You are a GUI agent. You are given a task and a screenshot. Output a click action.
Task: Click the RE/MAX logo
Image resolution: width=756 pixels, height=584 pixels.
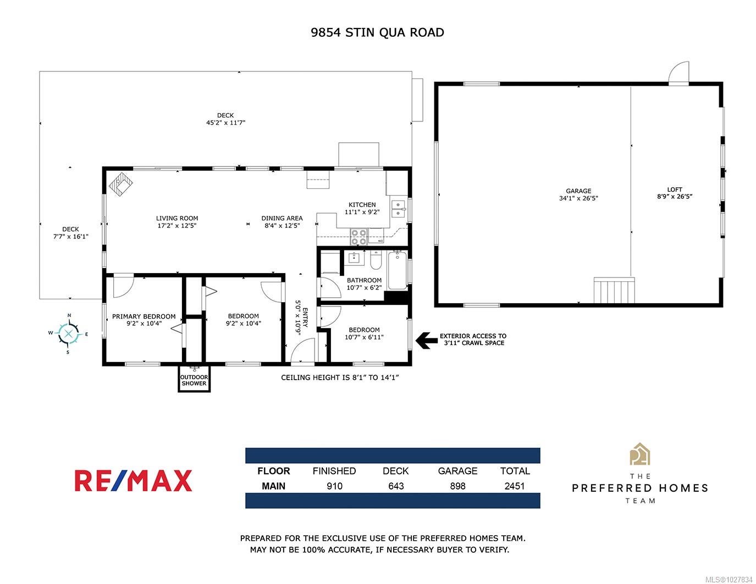point(133,481)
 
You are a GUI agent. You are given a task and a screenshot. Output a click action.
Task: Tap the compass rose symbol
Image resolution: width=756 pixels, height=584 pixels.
point(69,333)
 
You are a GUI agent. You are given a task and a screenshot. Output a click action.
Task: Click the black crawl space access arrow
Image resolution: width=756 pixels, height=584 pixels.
point(427,340)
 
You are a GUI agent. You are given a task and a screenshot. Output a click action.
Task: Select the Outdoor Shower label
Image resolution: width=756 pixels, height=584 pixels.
point(194,380)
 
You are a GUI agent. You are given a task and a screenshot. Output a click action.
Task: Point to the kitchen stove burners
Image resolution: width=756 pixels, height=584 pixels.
point(358,237)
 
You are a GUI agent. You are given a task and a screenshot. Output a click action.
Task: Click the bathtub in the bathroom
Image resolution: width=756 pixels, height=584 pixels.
point(397,270)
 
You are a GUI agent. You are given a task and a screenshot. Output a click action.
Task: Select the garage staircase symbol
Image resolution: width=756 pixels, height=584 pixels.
point(614,290)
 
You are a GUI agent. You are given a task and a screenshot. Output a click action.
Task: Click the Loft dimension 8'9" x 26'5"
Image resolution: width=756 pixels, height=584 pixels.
point(675,196)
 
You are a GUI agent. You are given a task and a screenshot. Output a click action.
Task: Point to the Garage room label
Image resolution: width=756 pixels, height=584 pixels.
point(578,191)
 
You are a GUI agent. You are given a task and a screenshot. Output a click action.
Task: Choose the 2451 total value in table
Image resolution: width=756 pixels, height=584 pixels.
point(515,486)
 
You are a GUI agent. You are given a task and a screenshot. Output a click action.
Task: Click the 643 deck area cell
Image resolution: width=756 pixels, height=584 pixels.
point(396,486)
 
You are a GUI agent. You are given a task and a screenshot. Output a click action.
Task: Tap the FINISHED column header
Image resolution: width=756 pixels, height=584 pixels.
point(334,471)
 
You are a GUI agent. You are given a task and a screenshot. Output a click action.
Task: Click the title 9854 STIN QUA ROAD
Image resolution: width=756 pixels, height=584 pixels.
point(377,32)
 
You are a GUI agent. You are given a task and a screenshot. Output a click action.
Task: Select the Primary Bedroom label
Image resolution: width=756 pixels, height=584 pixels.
point(144,316)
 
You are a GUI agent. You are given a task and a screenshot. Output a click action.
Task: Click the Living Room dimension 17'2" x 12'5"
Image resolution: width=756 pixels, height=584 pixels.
point(176,226)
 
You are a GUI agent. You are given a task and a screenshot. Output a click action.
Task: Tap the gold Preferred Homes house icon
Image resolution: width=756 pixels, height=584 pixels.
point(640,454)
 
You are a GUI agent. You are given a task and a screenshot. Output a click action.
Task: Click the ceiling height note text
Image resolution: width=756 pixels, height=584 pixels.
point(340,377)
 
